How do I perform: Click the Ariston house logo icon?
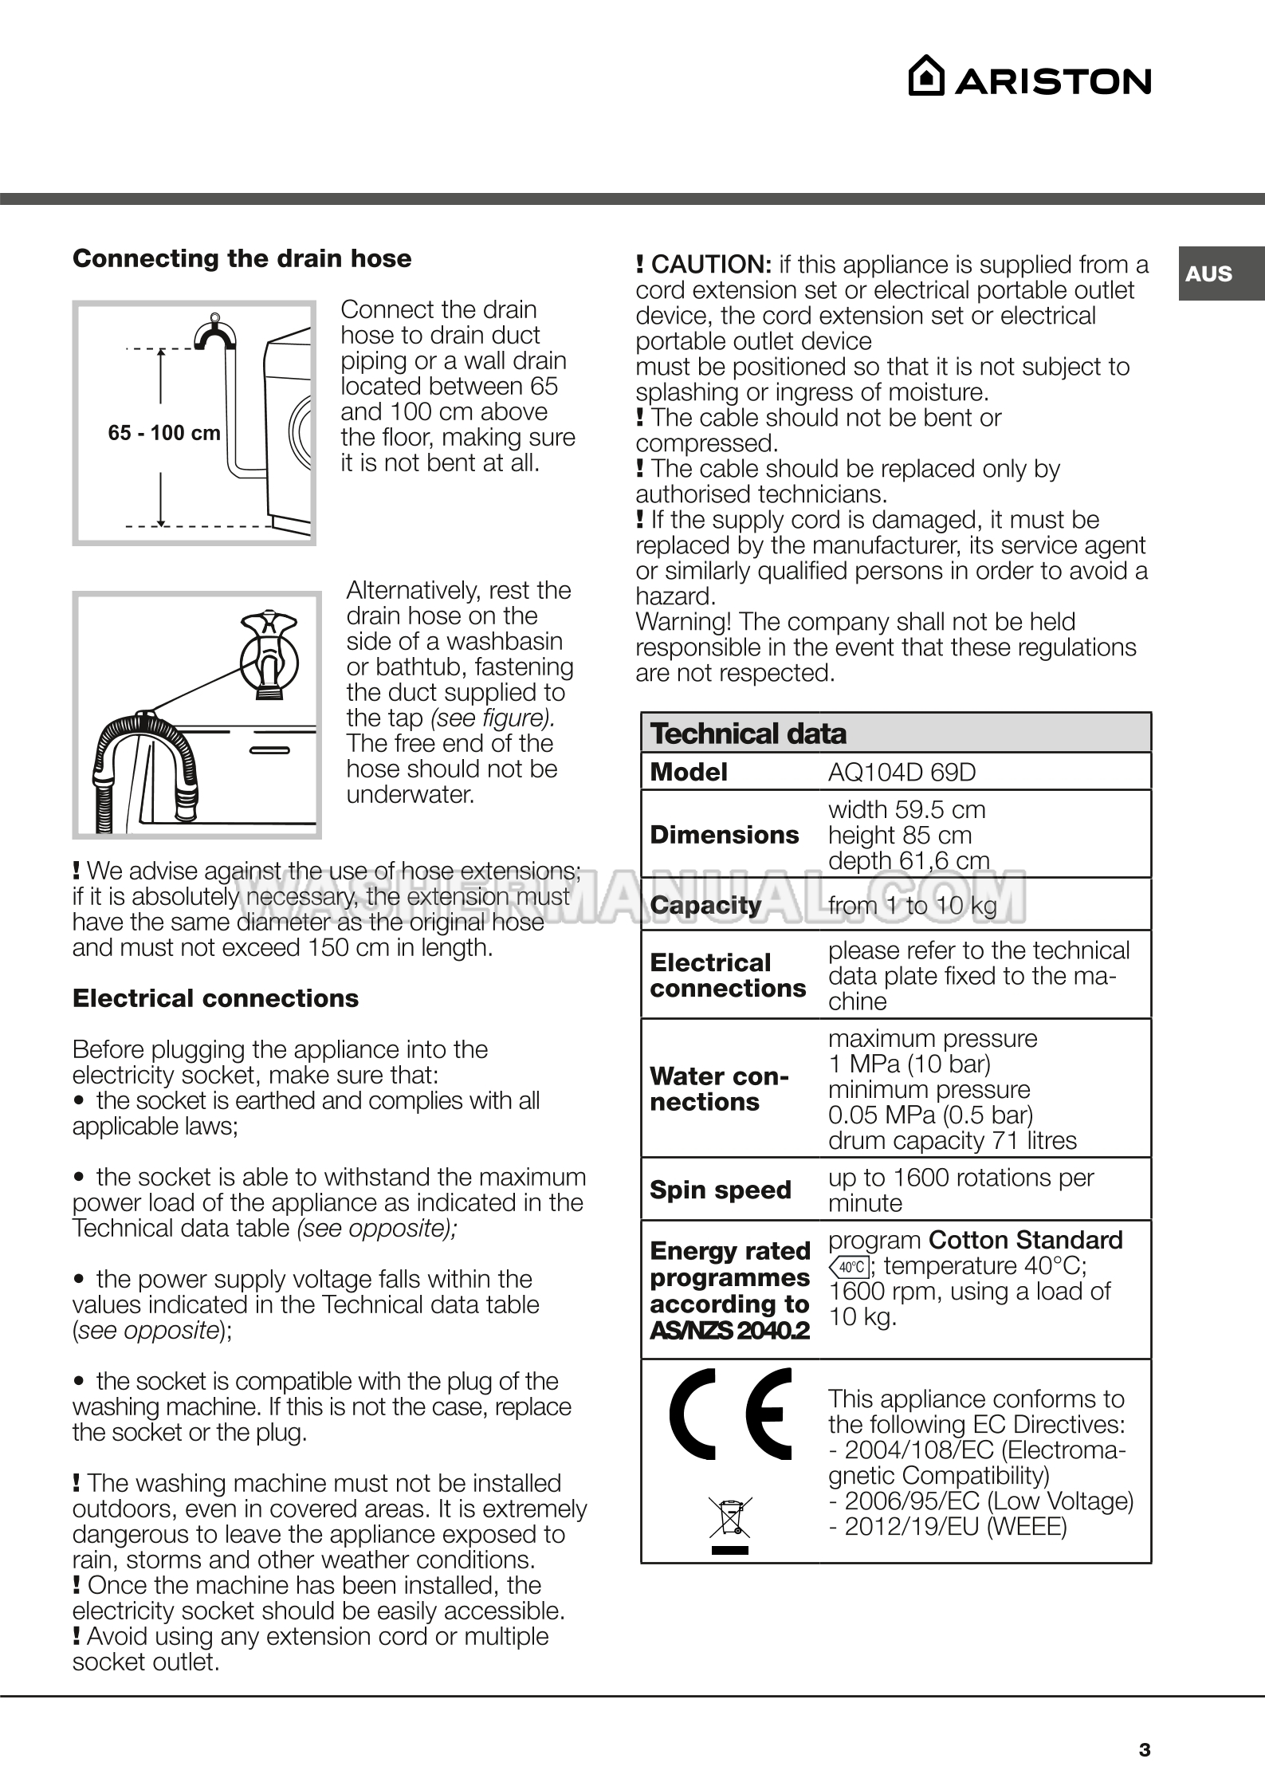(x=926, y=77)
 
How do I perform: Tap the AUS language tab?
(x=1208, y=273)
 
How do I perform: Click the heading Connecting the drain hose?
(x=242, y=258)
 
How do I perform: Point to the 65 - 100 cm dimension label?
(x=164, y=433)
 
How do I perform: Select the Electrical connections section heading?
(x=215, y=998)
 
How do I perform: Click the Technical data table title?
(x=748, y=734)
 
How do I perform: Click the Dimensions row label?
(x=724, y=835)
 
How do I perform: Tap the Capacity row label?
(x=705, y=905)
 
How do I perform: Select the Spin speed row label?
(x=721, y=1190)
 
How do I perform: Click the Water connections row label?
(x=719, y=1089)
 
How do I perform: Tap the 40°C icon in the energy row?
(x=850, y=1266)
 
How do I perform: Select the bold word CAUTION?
(x=711, y=265)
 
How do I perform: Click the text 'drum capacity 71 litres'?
(x=952, y=1141)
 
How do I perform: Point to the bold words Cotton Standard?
(x=1025, y=1240)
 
